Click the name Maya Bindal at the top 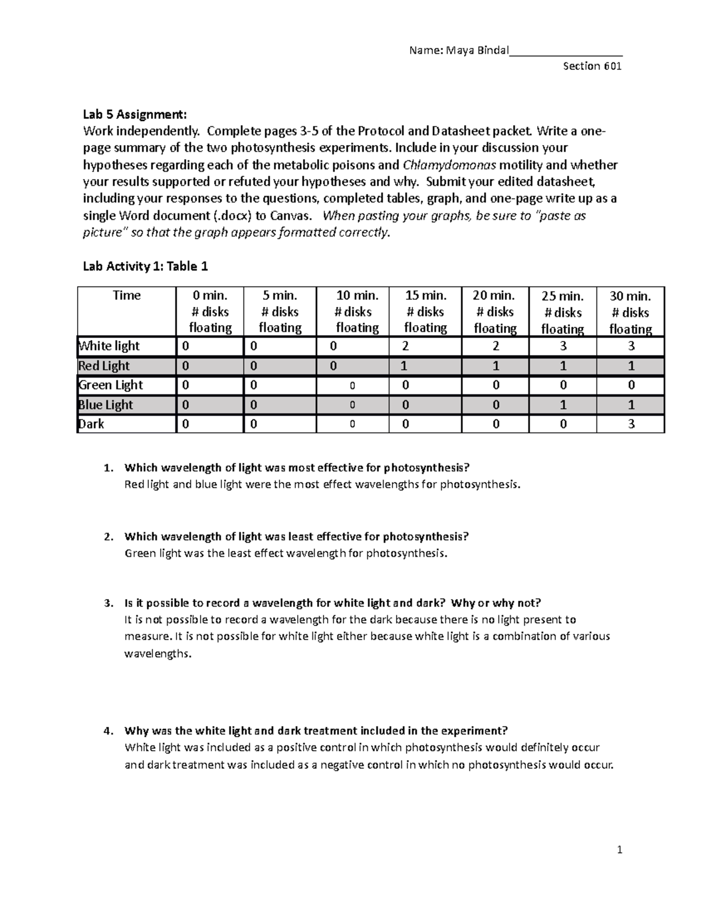[477, 50]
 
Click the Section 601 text [592, 66]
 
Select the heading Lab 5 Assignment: [135, 114]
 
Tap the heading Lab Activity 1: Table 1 [145, 266]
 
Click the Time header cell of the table [126, 295]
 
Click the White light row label [109, 346]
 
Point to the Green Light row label [111, 385]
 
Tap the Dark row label [91, 424]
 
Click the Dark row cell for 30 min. [631, 424]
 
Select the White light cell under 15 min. [405, 346]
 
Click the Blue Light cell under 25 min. [563, 404]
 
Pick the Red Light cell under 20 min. [495, 366]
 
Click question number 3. [107, 603]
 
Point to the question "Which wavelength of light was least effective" [297, 536]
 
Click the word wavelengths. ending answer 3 [158, 653]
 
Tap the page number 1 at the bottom [620, 850]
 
